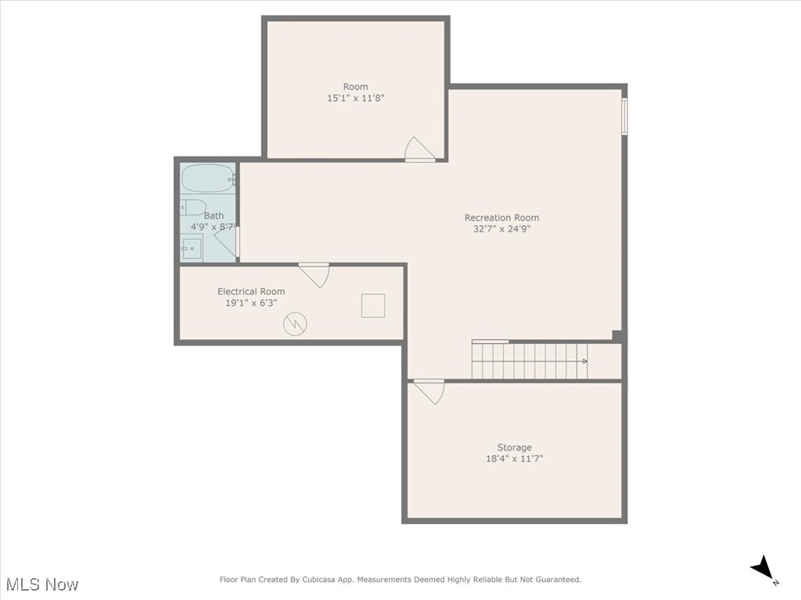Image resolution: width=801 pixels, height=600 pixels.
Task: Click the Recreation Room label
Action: coord(501,217)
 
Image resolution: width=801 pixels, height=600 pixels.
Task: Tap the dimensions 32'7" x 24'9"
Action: coord(501,229)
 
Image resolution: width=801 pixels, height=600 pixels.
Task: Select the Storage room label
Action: coord(514,447)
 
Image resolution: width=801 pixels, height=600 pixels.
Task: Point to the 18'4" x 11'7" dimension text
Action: coord(514,459)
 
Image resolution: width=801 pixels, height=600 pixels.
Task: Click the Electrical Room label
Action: coord(251,291)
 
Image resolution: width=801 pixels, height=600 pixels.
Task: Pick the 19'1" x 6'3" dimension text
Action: coord(251,303)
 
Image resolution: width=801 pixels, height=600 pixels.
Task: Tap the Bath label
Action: coord(214,215)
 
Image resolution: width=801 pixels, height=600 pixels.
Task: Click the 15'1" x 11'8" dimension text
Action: coord(355,99)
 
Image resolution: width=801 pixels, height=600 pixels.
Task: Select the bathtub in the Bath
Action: coord(208,179)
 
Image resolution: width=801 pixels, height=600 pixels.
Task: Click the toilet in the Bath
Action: coord(193,207)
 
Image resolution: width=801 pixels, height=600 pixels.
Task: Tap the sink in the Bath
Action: coord(192,250)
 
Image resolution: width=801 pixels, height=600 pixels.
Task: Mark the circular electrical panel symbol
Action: coord(295,323)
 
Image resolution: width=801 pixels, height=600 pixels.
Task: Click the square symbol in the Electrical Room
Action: coord(373,305)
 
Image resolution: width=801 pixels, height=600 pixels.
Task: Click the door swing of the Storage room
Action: coord(429,390)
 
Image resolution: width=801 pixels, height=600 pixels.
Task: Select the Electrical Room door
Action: coord(314,275)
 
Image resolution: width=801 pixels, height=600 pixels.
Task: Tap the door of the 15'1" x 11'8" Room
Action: coord(418,151)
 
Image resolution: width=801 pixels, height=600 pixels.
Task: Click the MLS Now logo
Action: coord(41,584)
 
